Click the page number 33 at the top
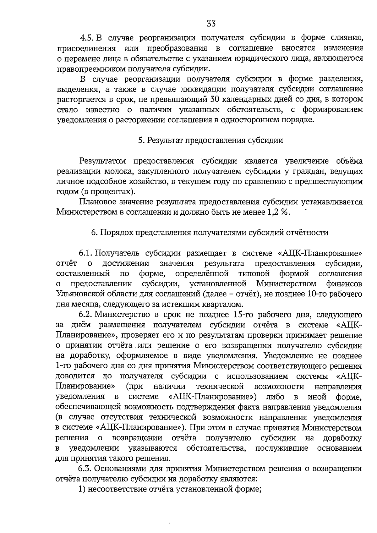(211, 24)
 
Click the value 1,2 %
(277, 212)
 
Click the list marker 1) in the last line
(82, 489)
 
